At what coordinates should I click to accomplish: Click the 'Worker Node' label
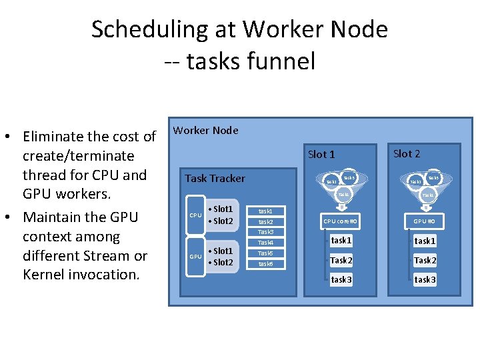click(x=205, y=131)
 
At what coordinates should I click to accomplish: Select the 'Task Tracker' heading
click(x=215, y=179)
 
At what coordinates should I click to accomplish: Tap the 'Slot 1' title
click(x=321, y=155)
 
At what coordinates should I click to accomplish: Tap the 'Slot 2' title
click(x=407, y=154)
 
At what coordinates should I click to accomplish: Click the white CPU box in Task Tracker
click(x=195, y=215)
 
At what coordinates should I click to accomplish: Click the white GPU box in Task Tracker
click(x=195, y=257)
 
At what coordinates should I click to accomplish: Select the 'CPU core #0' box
click(x=341, y=221)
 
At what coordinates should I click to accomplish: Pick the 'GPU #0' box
click(x=425, y=221)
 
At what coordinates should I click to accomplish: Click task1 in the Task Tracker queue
click(x=265, y=211)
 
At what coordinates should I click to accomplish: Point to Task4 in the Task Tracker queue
click(x=265, y=243)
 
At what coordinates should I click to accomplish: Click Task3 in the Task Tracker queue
click(x=265, y=232)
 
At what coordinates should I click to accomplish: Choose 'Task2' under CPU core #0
click(x=341, y=261)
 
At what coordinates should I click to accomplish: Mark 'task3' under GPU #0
click(x=425, y=280)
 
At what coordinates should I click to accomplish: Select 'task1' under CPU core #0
click(x=341, y=241)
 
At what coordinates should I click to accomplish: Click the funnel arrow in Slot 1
click(x=341, y=206)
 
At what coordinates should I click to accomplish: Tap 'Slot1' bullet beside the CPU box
click(x=222, y=209)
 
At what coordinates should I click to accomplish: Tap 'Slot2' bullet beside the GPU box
click(x=222, y=263)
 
